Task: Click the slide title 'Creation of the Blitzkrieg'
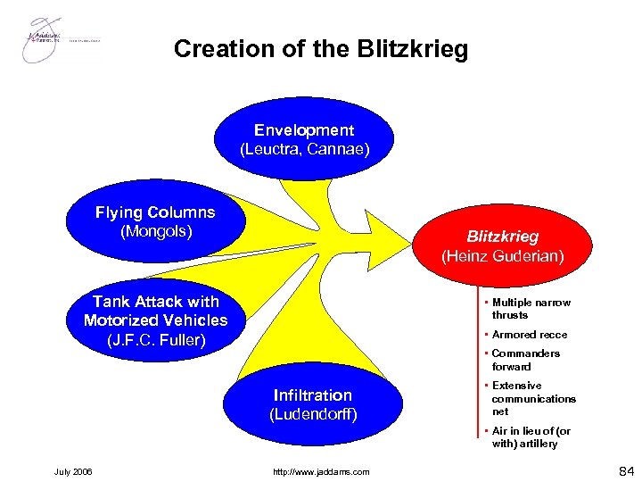320,48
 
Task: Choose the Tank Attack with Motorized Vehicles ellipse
155,320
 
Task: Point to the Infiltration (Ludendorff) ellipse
312,404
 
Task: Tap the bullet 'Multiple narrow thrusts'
531,309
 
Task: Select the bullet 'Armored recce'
529,335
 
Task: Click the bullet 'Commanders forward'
525,360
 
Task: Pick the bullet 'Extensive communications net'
533,399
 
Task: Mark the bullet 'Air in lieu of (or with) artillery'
531,437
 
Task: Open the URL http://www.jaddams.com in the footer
323,471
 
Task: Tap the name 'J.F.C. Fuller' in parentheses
156,339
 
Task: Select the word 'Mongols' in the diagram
156,231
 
